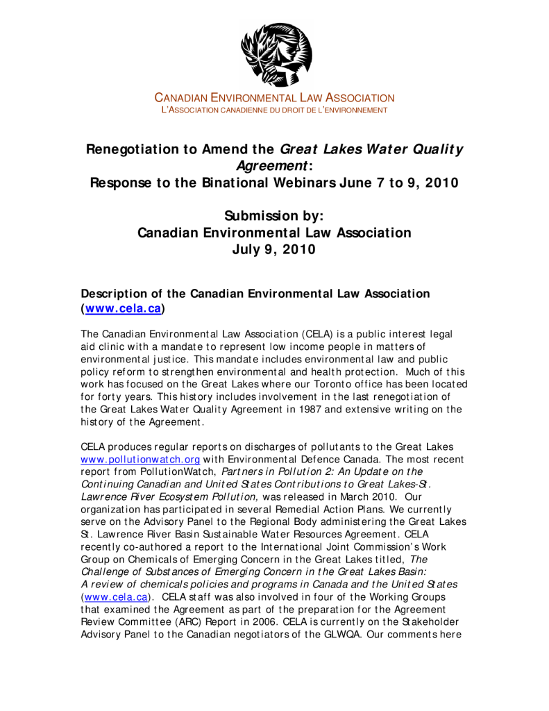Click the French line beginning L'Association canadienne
tap(274, 110)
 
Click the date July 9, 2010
tap(275, 249)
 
